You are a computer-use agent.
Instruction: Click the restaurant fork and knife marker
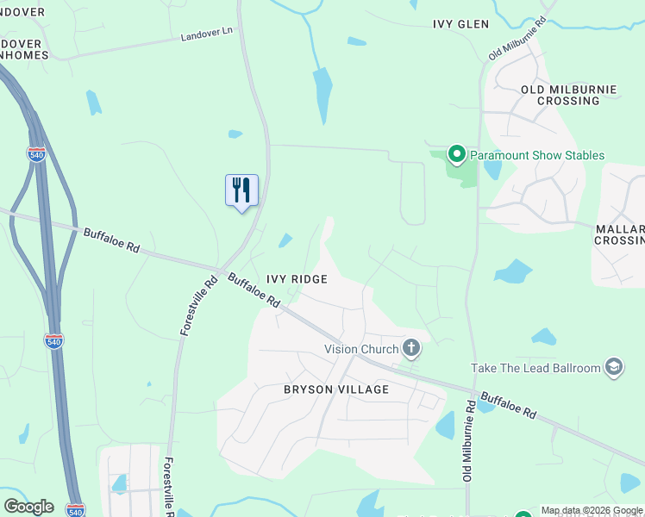tap(241, 190)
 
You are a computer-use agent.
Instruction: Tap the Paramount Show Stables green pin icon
tap(456, 155)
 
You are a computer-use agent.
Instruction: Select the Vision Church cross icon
tap(411, 348)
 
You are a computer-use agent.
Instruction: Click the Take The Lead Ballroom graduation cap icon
tap(614, 368)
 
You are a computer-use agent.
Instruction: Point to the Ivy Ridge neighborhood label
tap(297, 279)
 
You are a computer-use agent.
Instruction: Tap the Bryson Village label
tap(336, 389)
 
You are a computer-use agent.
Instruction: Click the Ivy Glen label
tap(460, 25)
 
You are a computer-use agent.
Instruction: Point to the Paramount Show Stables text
tap(536, 156)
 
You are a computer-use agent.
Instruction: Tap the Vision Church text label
tap(361, 349)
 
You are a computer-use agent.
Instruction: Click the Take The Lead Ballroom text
tap(535, 369)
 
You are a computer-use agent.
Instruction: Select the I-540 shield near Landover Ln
tap(36, 154)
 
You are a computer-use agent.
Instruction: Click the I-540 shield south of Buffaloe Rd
tap(53, 341)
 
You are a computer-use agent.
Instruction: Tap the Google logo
tap(28, 507)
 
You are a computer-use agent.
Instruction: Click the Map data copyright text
tap(592, 511)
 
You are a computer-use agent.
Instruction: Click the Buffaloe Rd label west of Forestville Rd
tap(111, 240)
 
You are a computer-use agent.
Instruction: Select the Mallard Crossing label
tap(620, 235)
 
